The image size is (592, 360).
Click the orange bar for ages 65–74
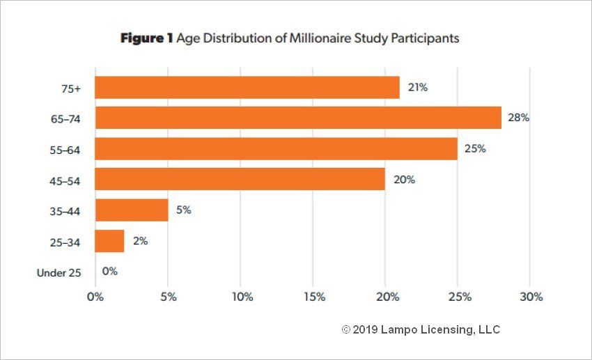(298, 118)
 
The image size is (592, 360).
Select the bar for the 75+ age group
(247, 88)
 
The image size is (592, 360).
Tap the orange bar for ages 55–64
(276, 148)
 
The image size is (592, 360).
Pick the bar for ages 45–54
(240, 179)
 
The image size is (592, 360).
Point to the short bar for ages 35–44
(132, 210)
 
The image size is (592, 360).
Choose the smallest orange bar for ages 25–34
(109, 241)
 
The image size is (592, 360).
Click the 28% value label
(518, 118)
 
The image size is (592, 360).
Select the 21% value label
(417, 88)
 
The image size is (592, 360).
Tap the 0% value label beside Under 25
(109, 272)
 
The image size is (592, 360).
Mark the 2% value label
(140, 241)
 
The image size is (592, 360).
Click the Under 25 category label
(59, 273)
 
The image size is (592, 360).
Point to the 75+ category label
(70, 88)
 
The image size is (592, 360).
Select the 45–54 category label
(67, 180)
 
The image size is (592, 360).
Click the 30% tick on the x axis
(531, 297)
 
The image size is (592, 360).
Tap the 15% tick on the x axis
(313, 297)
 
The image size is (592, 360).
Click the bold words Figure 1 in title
(146, 39)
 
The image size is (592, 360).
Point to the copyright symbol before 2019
(345, 329)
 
